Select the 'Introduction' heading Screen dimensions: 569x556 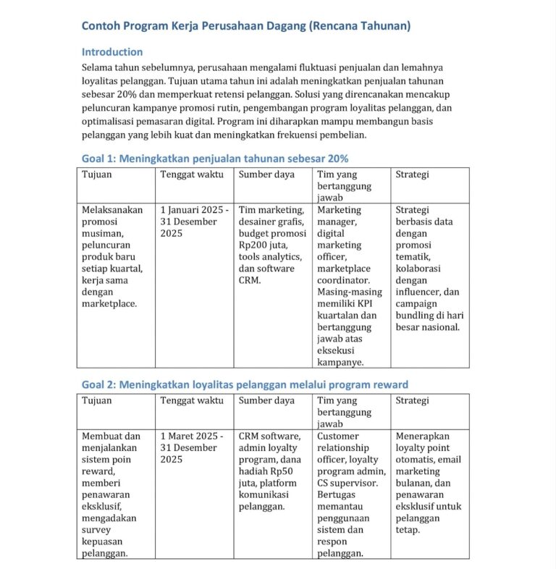tap(112, 52)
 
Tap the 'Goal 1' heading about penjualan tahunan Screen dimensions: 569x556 tap(215, 159)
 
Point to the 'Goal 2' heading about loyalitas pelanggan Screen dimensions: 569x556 tap(245, 384)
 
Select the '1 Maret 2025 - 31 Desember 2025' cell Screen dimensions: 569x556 tap(192, 448)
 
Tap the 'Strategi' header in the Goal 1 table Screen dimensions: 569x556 tap(412, 174)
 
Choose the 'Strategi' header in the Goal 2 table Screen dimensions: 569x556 tap(412, 400)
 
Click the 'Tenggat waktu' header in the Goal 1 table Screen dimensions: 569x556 tap(192, 174)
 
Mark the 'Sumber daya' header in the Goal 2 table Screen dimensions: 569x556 tap(266, 400)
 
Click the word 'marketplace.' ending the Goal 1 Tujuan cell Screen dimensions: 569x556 tap(109, 303)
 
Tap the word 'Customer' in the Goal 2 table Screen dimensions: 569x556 tap(337, 437)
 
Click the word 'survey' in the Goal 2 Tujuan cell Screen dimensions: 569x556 tap(97, 530)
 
